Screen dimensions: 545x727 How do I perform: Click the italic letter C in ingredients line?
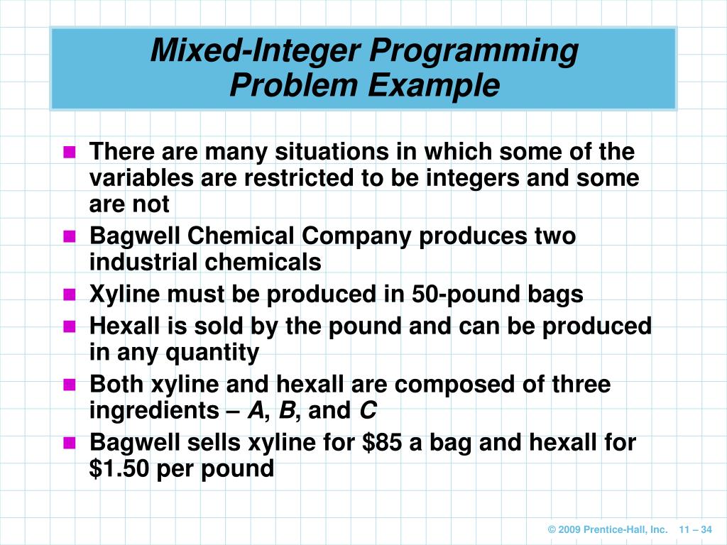[x=368, y=411]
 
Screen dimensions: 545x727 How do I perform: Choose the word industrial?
[x=144, y=263]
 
